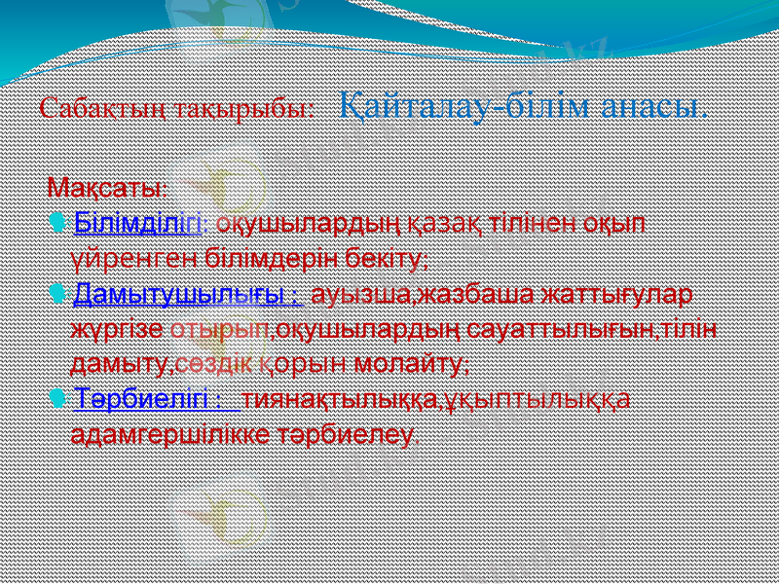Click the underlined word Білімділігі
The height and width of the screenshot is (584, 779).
137,223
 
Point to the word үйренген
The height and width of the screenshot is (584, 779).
136,259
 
